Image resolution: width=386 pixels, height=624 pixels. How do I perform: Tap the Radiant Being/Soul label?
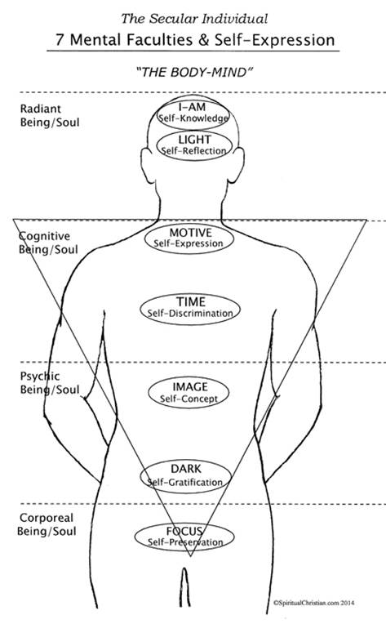[x=50, y=115]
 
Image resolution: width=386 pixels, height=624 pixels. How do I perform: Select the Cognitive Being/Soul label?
[x=48, y=243]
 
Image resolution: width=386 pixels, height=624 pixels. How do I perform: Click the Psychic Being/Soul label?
[x=50, y=383]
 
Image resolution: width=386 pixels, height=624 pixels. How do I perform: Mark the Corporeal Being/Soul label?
[x=47, y=524]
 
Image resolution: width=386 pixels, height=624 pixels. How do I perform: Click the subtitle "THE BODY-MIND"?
[x=195, y=72]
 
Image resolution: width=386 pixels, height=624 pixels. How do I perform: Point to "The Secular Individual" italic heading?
[x=194, y=18]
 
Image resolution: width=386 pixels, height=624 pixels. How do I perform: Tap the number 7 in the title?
[x=60, y=40]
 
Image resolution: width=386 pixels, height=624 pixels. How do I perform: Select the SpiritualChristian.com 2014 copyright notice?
[x=314, y=603]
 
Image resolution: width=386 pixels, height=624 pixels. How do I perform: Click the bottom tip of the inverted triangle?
[x=190, y=556]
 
